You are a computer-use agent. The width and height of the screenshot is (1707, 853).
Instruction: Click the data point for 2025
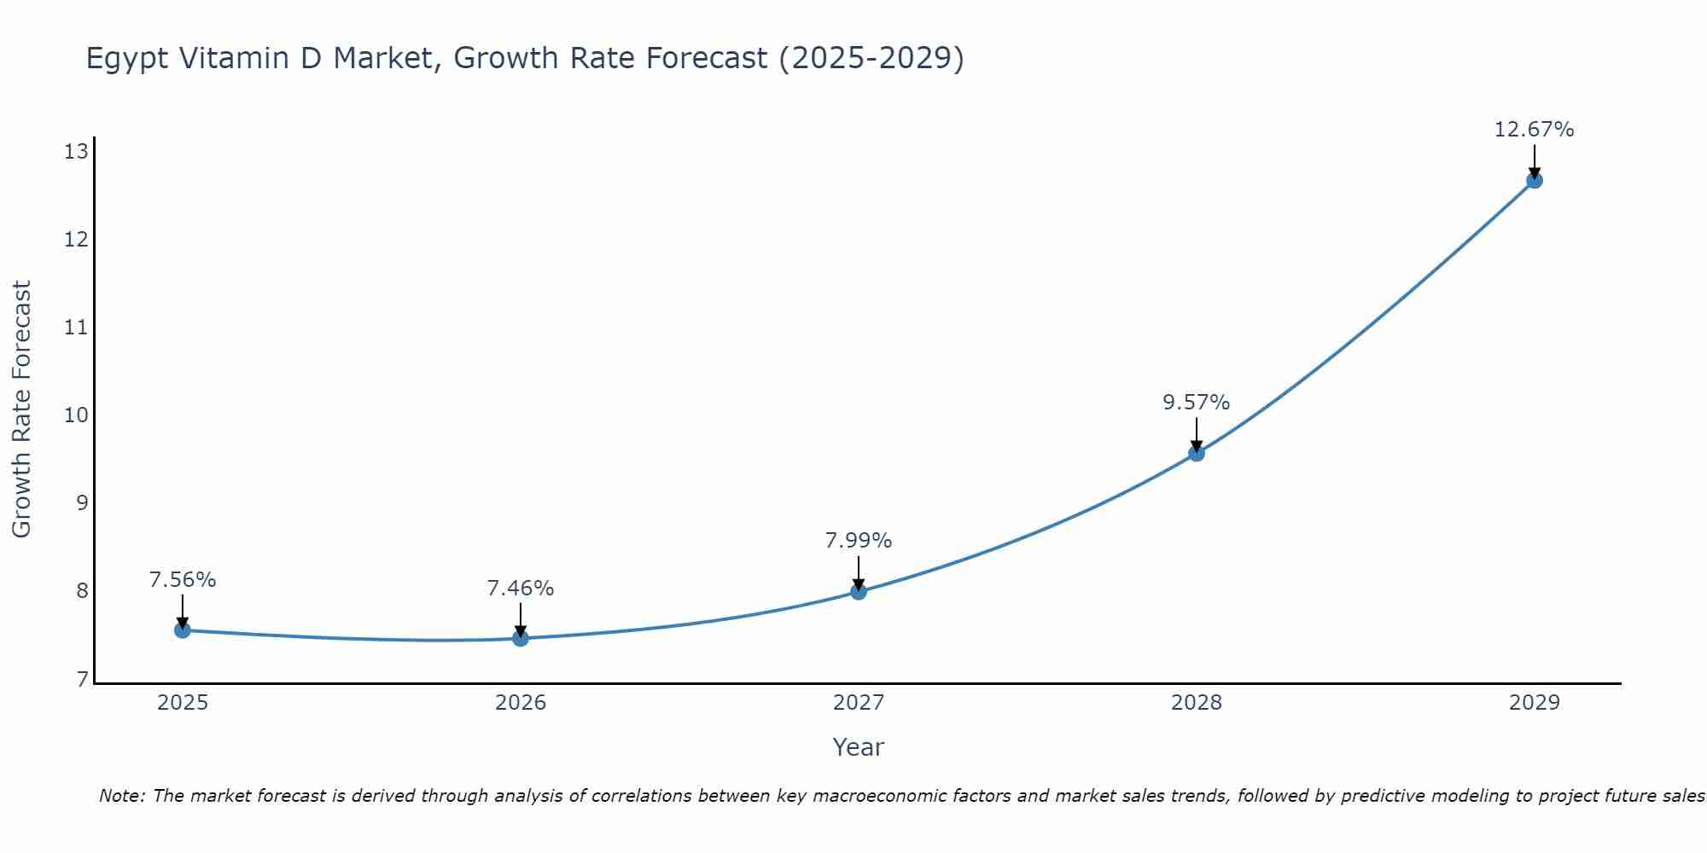(182, 630)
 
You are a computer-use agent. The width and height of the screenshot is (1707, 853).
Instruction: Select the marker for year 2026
(521, 638)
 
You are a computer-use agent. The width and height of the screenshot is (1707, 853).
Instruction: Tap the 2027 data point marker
(859, 591)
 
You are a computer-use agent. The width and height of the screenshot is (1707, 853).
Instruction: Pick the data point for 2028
(1197, 453)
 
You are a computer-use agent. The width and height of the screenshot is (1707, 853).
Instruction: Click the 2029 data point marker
(1534, 180)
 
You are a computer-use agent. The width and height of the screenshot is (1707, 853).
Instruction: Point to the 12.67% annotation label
(1534, 130)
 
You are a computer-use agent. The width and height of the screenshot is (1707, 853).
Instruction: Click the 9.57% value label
(1196, 403)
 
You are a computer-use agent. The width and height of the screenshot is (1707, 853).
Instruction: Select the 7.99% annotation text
(858, 541)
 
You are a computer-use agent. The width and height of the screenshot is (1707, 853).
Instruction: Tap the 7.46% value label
(520, 589)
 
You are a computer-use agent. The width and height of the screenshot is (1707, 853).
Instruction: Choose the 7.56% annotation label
(182, 580)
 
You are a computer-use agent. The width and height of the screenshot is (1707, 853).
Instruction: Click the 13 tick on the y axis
(76, 152)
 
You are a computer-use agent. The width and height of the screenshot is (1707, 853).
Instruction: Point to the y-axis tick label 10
(76, 415)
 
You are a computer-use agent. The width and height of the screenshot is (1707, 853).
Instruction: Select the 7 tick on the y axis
(82, 679)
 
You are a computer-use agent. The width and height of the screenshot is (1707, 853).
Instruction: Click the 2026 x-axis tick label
(521, 703)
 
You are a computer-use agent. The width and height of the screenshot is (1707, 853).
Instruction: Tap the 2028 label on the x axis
(1196, 703)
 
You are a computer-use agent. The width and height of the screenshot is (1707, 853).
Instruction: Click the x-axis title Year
(858, 747)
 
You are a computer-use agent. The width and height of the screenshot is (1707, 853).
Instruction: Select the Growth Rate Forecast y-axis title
(21, 409)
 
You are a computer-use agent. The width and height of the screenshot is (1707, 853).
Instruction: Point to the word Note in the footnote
(122, 796)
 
